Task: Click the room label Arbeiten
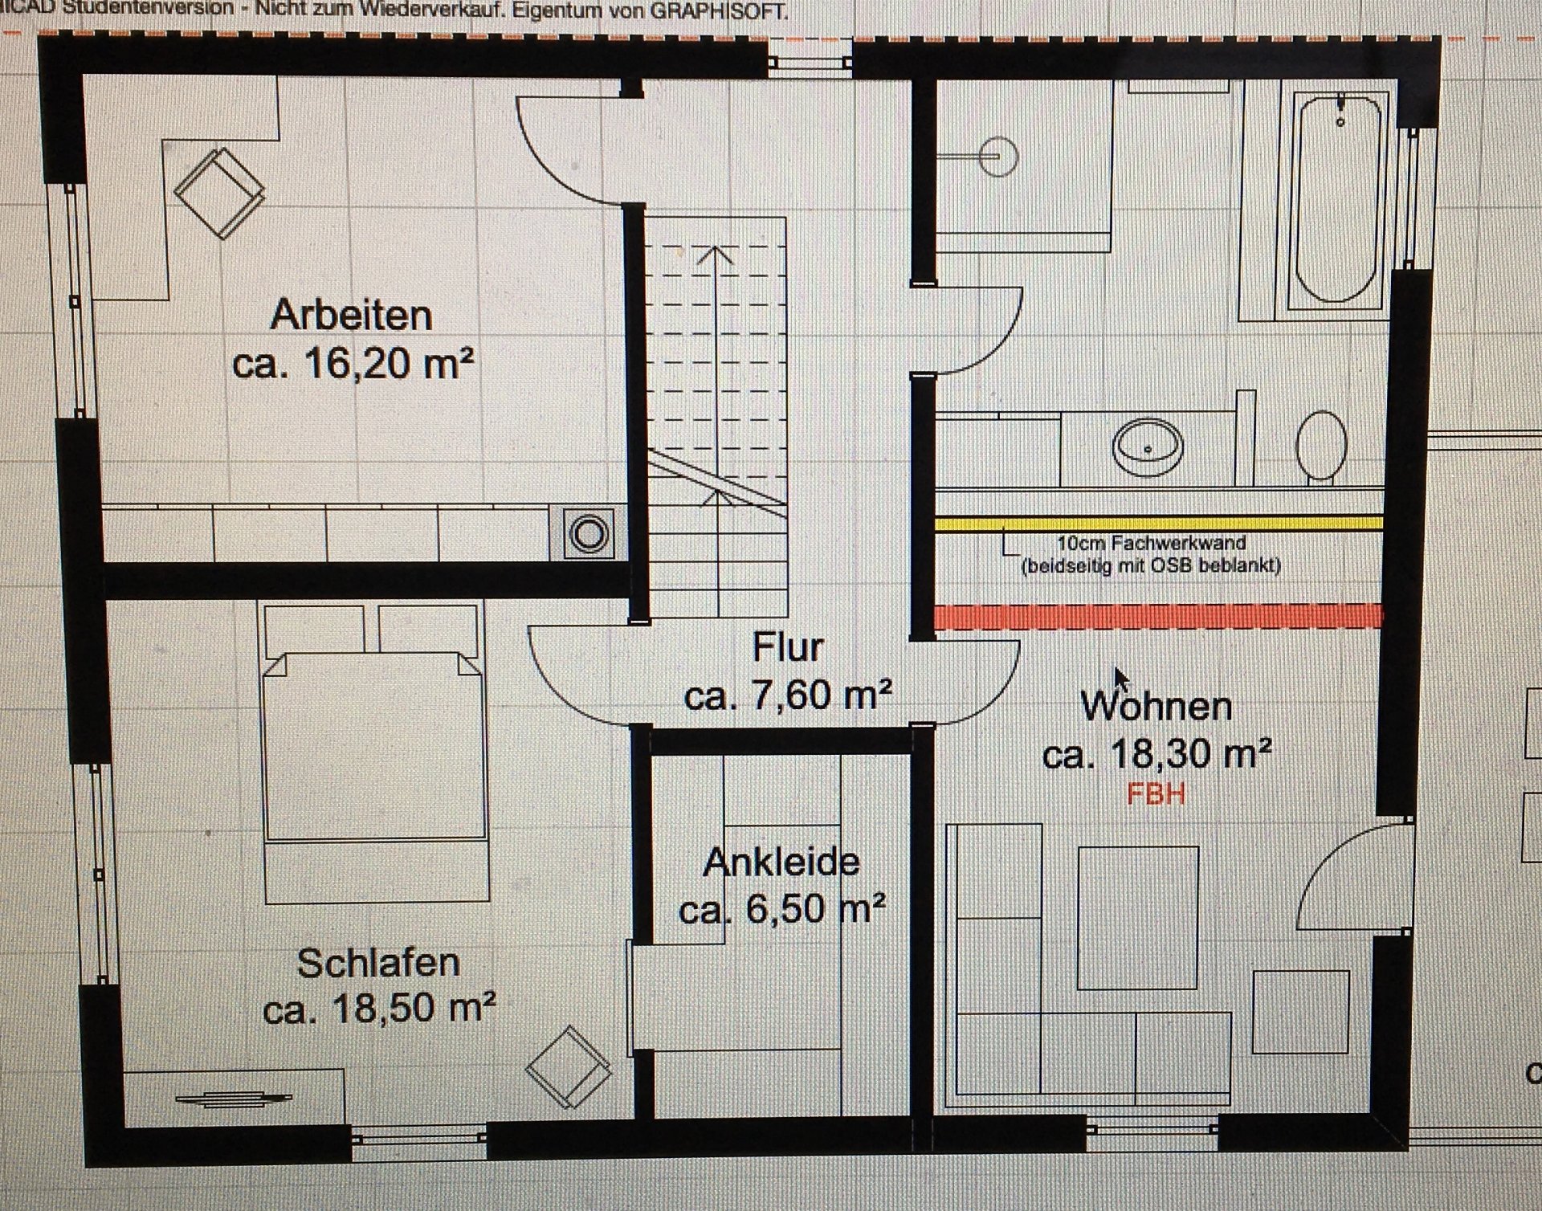pyautogui.click(x=351, y=315)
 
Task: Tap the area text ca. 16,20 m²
pyautogui.click(x=353, y=364)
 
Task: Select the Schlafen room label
pyautogui.click(x=378, y=963)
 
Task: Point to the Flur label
pyautogui.click(x=788, y=647)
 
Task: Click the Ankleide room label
pyautogui.click(x=781, y=862)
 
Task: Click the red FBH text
pyautogui.click(x=1156, y=794)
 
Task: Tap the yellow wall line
pyautogui.click(x=1158, y=524)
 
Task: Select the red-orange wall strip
pyautogui.click(x=1158, y=616)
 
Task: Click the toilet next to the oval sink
pyautogui.click(x=1322, y=446)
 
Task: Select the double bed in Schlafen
pyautogui.click(x=375, y=751)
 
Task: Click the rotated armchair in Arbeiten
pyautogui.click(x=219, y=192)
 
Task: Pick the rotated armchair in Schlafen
pyautogui.click(x=568, y=1066)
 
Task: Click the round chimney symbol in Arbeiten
pyautogui.click(x=589, y=534)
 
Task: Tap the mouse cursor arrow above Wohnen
pyautogui.click(x=1121, y=679)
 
